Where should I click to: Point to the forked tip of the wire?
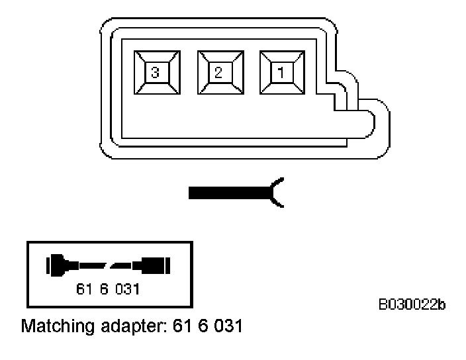(278, 193)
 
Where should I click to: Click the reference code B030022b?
(412, 304)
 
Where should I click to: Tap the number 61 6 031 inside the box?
(109, 290)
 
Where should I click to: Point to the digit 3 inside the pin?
(154, 72)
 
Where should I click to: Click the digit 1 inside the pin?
(280, 72)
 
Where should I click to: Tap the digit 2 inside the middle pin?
(217, 72)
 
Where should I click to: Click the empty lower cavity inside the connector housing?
(218, 119)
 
